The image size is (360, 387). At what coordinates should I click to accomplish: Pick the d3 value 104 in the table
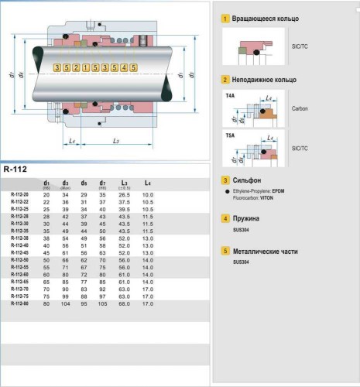pyautogui.click(x=65, y=302)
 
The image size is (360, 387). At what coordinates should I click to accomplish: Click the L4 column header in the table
pyautogui.click(x=147, y=183)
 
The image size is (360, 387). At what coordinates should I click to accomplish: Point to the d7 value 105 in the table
pyautogui.click(x=103, y=302)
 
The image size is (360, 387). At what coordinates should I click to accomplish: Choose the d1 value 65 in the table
pyautogui.click(x=46, y=280)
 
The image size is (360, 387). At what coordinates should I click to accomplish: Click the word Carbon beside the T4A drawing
pyautogui.click(x=300, y=108)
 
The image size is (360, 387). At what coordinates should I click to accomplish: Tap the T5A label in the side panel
pyautogui.click(x=230, y=134)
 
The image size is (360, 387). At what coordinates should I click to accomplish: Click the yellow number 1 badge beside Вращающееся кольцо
pyautogui.click(x=225, y=18)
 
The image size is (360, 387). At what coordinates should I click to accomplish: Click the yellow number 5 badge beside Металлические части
pyautogui.click(x=225, y=252)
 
